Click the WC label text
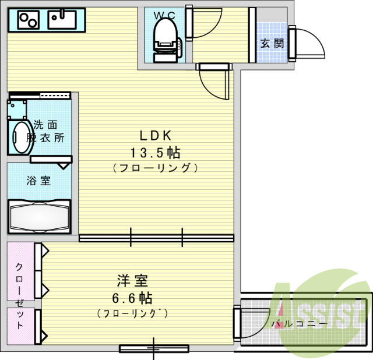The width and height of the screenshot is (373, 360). click(x=165, y=15)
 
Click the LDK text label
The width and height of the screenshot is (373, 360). click(x=154, y=136)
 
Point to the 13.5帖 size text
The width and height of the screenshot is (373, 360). click(x=154, y=153)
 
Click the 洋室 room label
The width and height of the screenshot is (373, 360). click(x=133, y=281)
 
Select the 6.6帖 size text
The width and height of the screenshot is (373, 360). click(x=132, y=298)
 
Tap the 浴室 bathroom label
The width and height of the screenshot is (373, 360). click(x=38, y=180)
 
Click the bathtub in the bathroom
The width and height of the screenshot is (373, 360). click(x=39, y=217)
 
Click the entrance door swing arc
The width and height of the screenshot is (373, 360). click(x=307, y=44)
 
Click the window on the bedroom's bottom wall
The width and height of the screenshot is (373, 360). click(x=154, y=349)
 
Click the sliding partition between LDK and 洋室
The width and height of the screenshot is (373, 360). click(x=156, y=238)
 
